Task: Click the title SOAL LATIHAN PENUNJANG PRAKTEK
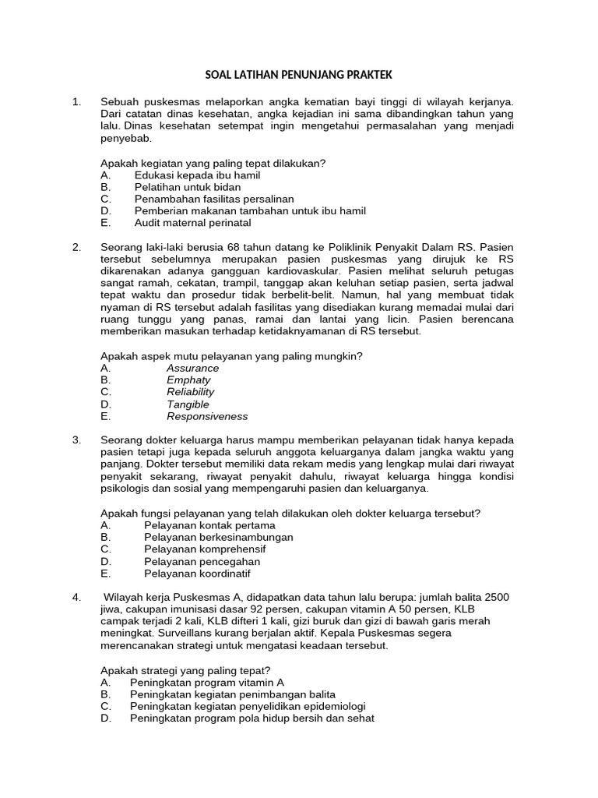pyautogui.click(x=298, y=75)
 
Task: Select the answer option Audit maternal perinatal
pyautogui.click(x=192, y=222)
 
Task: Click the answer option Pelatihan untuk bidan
pyautogui.click(x=187, y=187)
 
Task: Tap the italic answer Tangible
pyautogui.click(x=188, y=404)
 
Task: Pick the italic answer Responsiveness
pyautogui.click(x=207, y=416)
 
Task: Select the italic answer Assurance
pyautogui.click(x=192, y=368)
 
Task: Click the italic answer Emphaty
pyautogui.click(x=188, y=380)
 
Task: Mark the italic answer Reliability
pyautogui.click(x=190, y=392)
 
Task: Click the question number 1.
pyautogui.click(x=76, y=102)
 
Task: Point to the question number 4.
pyautogui.click(x=76, y=597)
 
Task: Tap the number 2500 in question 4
pyautogui.click(x=496, y=597)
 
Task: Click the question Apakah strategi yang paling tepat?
pyautogui.click(x=186, y=669)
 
